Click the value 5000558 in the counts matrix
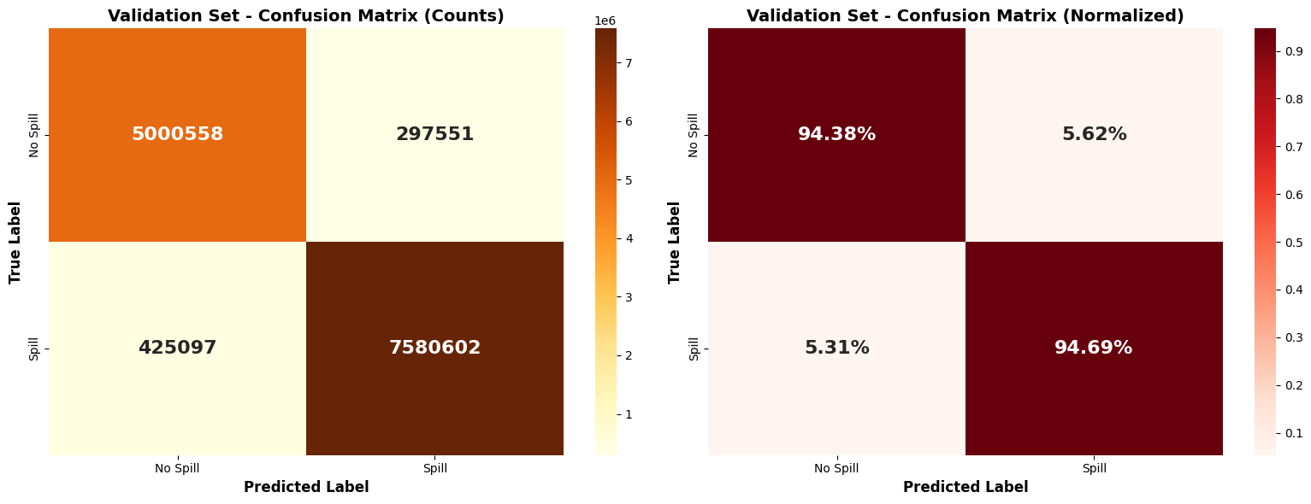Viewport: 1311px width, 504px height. coord(177,134)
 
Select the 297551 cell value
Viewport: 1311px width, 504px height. coord(434,134)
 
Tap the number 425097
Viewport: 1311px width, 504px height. coord(177,348)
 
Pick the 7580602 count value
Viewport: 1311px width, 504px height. coord(434,348)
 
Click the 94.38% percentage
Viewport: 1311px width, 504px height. coord(836,134)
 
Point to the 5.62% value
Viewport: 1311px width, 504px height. coord(1094,134)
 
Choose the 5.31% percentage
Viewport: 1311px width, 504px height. coord(836,348)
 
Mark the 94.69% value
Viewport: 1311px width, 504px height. coord(1094,348)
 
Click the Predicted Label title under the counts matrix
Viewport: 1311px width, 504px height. coord(306,487)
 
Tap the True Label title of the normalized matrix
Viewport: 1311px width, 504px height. coord(675,242)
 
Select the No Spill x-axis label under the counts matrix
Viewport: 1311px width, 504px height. coord(177,468)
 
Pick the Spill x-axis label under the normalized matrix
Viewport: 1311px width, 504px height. coord(1094,468)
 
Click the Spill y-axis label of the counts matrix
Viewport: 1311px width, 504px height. coord(35,348)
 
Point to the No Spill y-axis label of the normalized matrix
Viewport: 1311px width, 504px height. coord(694,134)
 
